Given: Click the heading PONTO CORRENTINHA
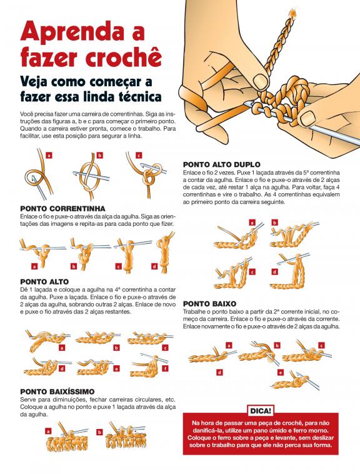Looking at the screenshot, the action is click(x=63, y=209).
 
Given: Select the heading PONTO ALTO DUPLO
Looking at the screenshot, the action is click(x=222, y=164).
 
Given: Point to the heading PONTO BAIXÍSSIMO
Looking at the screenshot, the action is click(x=57, y=392).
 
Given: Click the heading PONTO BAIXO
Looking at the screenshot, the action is click(x=209, y=303).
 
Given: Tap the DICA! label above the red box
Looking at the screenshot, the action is click(x=261, y=411).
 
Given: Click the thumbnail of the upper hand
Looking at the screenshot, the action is click(x=260, y=81).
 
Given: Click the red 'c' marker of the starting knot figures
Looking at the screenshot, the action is click(x=139, y=155).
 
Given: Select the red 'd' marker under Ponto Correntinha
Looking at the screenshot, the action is click(x=154, y=266).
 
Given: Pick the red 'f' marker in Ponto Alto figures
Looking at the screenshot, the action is click(x=165, y=368).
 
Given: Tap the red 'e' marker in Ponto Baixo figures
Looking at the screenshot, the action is click(x=281, y=373).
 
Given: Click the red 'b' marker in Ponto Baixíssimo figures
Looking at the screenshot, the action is click(x=99, y=432).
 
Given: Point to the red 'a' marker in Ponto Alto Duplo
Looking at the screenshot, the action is click(x=252, y=223).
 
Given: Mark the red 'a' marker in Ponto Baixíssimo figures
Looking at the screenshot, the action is click(x=48, y=431).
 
